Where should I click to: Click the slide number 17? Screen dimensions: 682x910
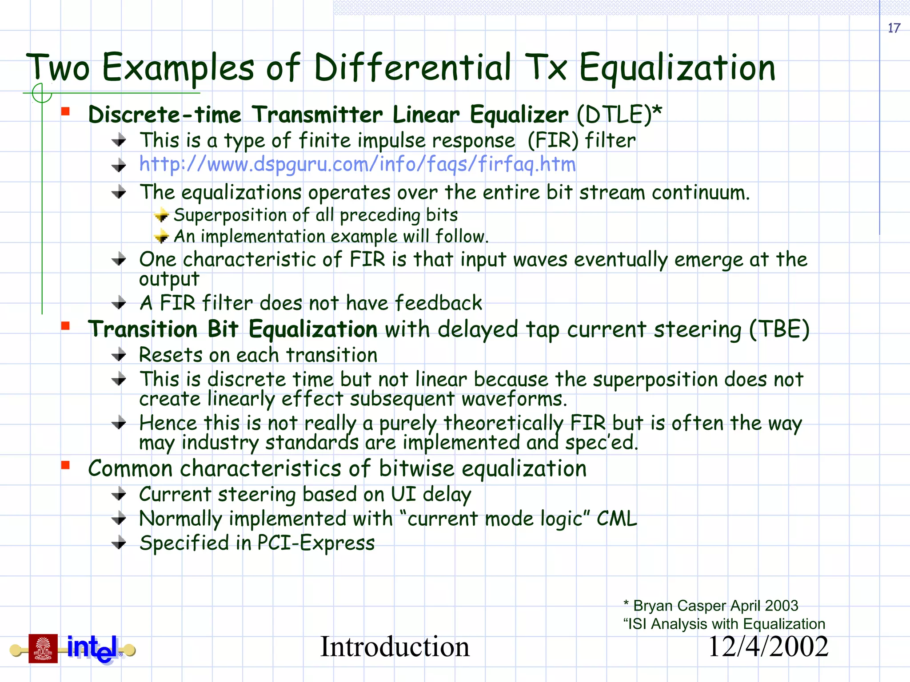[894, 28]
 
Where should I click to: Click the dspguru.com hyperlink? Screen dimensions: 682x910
[357, 164]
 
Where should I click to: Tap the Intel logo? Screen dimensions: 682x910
[92, 649]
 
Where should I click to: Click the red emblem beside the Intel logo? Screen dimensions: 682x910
[43, 648]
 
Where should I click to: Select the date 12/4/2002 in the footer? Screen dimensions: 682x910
[768, 647]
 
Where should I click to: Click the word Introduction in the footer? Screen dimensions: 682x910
[395, 647]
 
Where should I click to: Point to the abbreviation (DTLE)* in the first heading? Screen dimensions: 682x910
[619, 115]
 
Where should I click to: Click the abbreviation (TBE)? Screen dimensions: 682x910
[779, 329]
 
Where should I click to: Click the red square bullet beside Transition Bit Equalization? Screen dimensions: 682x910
[66, 326]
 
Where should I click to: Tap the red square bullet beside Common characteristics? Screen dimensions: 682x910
[66, 465]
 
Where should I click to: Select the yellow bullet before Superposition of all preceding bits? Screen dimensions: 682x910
[162, 215]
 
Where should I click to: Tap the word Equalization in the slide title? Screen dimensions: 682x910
[677, 68]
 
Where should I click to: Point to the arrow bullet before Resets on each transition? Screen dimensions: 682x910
[119, 355]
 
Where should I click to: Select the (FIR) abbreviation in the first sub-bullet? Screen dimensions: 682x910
[553, 141]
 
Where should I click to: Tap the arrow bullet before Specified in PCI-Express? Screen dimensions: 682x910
[119, 543]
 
